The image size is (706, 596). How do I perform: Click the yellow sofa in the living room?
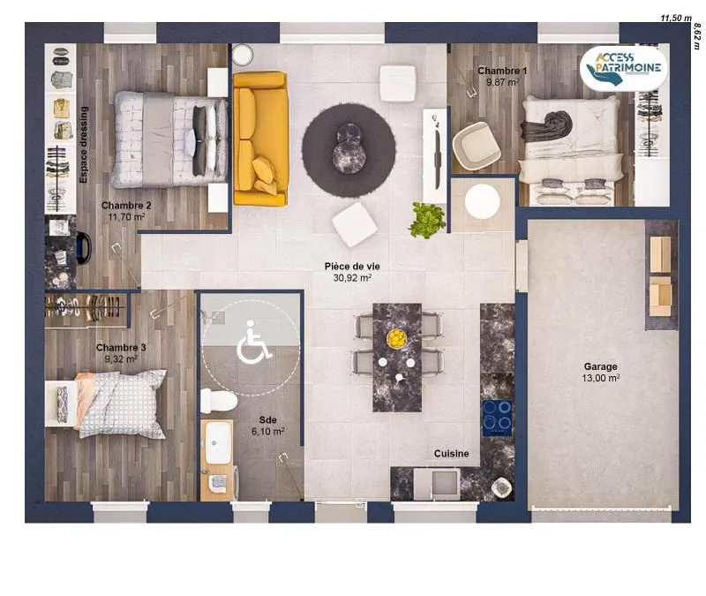(260, 139)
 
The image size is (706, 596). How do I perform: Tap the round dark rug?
(349, 150)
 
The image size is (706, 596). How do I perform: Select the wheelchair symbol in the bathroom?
(253, 342)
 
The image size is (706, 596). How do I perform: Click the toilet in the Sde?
(219, 401)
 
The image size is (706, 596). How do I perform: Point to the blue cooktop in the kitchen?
(498, 418)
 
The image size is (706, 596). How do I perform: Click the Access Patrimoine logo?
(624, 69)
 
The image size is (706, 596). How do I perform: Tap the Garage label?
(601, 366)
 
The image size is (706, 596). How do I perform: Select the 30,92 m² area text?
(352, 278)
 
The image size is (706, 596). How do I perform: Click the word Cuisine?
(451, 454)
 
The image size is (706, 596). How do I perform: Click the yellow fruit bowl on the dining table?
(396, 338)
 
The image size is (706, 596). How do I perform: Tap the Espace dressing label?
(83, 145)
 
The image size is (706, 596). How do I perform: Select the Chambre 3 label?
(121, 348)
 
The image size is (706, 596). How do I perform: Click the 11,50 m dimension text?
(676, 18)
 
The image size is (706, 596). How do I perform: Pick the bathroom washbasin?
(218, 442)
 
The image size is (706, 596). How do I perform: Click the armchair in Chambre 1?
(477, 146)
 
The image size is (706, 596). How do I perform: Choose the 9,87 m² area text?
(502, 82)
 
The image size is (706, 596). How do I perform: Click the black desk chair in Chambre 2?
(84, 248)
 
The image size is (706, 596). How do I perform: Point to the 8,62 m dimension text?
(697, 36)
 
